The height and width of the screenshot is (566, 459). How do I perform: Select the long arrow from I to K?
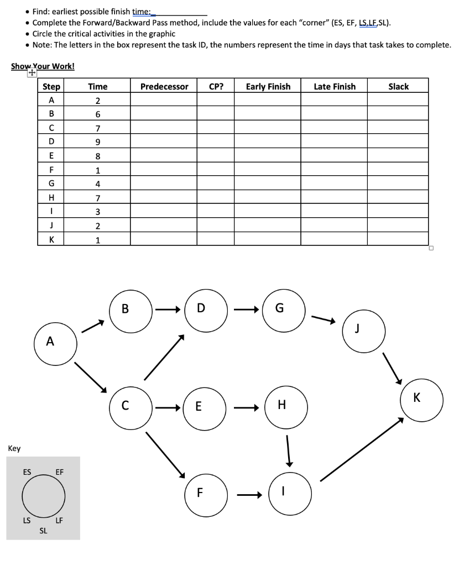(362, 449)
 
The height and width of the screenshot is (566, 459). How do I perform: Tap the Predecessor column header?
(164, 86)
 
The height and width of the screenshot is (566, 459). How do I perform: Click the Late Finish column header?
(335, 86)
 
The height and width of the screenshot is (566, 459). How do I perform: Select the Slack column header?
(398, 86)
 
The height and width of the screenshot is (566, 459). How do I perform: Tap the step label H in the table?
(51, 198)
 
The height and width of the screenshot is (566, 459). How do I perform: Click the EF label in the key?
(60, 472)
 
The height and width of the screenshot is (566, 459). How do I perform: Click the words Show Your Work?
(43, 66)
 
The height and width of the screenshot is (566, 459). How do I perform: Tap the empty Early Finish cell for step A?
(268, 100)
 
